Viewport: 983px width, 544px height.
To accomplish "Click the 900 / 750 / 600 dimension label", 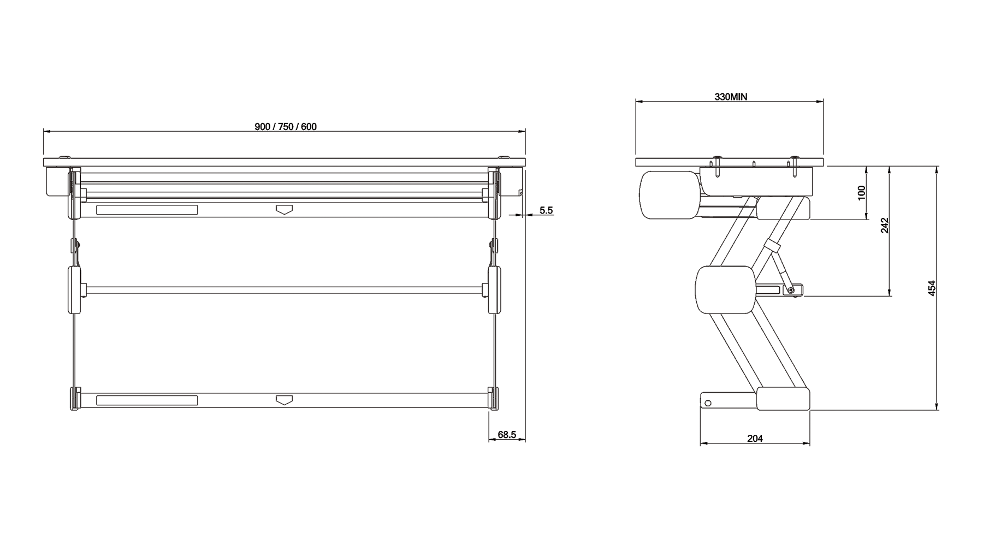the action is (x=286, y=127).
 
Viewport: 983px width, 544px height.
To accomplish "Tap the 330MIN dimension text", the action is (x=731, y=97).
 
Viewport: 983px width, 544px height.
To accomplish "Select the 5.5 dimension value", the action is (x=546, y=210).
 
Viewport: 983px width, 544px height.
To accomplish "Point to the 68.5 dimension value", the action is (x=506, y=435).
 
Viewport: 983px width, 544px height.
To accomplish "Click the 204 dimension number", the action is (x=755, y=438).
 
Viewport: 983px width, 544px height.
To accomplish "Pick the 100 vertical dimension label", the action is (x=862, y=193).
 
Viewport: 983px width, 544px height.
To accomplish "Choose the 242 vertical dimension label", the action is (x=885, y=225).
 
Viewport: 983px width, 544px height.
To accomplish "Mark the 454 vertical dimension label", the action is (x=932, y=288).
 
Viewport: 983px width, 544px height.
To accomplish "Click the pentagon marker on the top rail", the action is (x=284, y=209).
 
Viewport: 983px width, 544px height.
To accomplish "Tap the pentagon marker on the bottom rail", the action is (x=284, y=400).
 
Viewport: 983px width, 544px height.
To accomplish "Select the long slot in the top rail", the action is (x=147, y=210).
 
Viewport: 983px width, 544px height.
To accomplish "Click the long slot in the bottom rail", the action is (x=147, y=400).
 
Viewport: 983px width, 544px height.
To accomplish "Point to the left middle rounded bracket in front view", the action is (x=74, y=290).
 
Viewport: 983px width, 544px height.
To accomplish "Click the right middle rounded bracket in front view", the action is (x=495, y=290).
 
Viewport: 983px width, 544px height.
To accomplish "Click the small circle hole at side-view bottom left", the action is (x=708, y=403).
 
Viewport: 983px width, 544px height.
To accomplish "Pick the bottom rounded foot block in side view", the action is (x=783, y=399).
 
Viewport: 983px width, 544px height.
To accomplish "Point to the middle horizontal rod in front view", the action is (x=284, y=290).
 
